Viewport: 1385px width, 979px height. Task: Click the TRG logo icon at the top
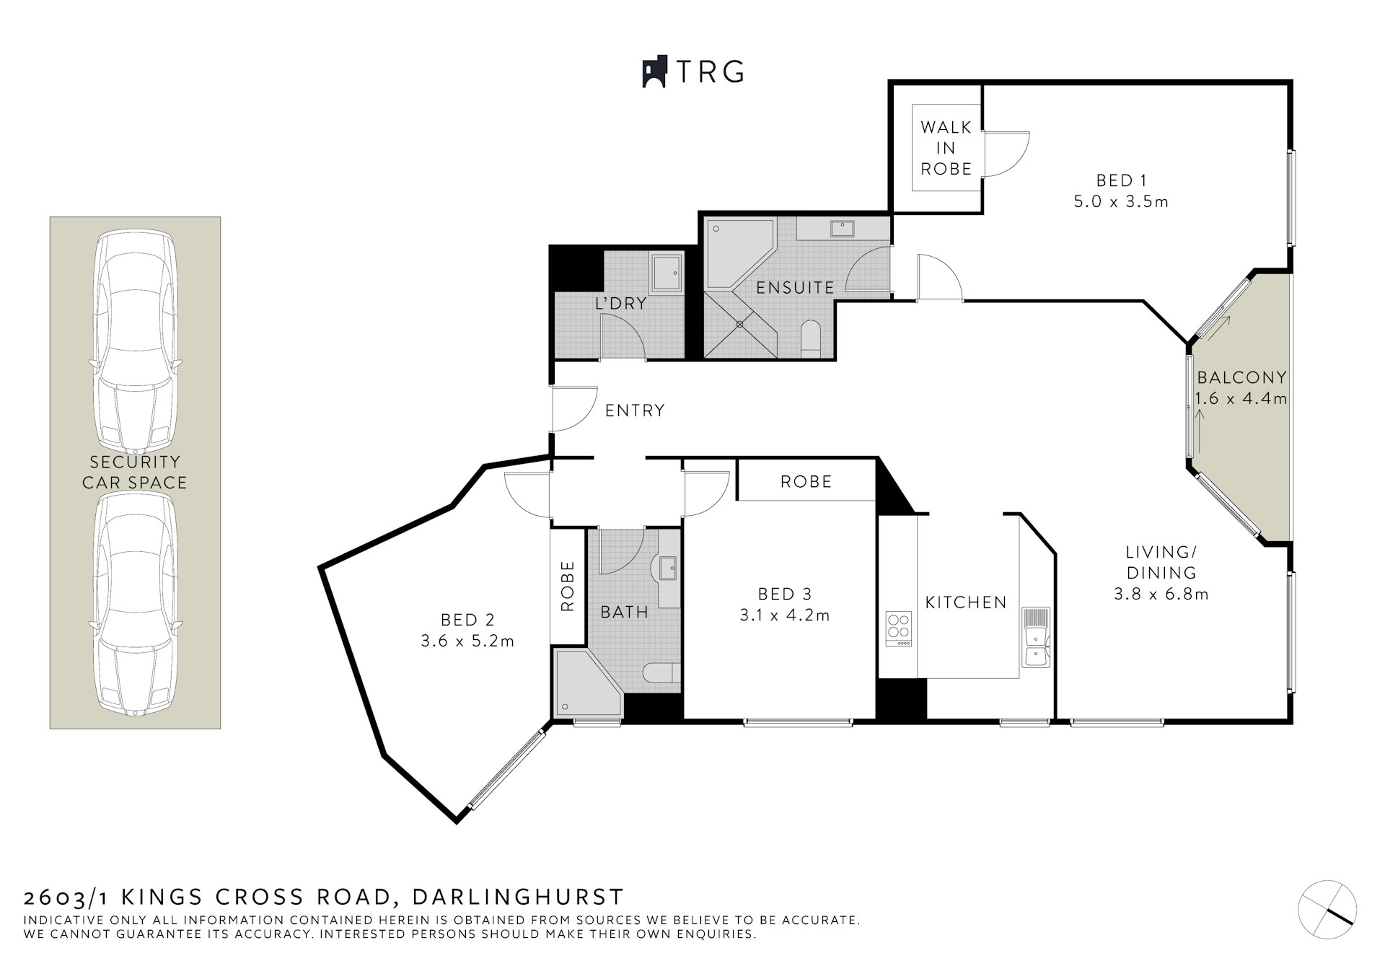pos(654,72)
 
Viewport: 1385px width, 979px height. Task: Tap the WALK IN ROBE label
pos(946,148)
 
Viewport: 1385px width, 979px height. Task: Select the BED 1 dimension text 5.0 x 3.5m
pos(1120,202)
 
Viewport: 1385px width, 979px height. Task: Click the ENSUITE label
pos(795,287)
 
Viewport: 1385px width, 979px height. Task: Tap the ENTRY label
pos(635,411)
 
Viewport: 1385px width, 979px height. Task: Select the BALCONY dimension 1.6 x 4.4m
pos(1241,398)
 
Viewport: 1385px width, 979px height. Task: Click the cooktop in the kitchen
pos(899,626)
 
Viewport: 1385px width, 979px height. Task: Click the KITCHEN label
pos(965,602)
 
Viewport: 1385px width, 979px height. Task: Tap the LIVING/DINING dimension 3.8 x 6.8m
pos(1161,594)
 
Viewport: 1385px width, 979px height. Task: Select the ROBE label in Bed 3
pos(806,482)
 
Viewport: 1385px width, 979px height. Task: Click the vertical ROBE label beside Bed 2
pos(568,586)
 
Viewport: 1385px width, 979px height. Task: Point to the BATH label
pos(624,613)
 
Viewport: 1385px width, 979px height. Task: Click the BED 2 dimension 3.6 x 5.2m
pos(467,641)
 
